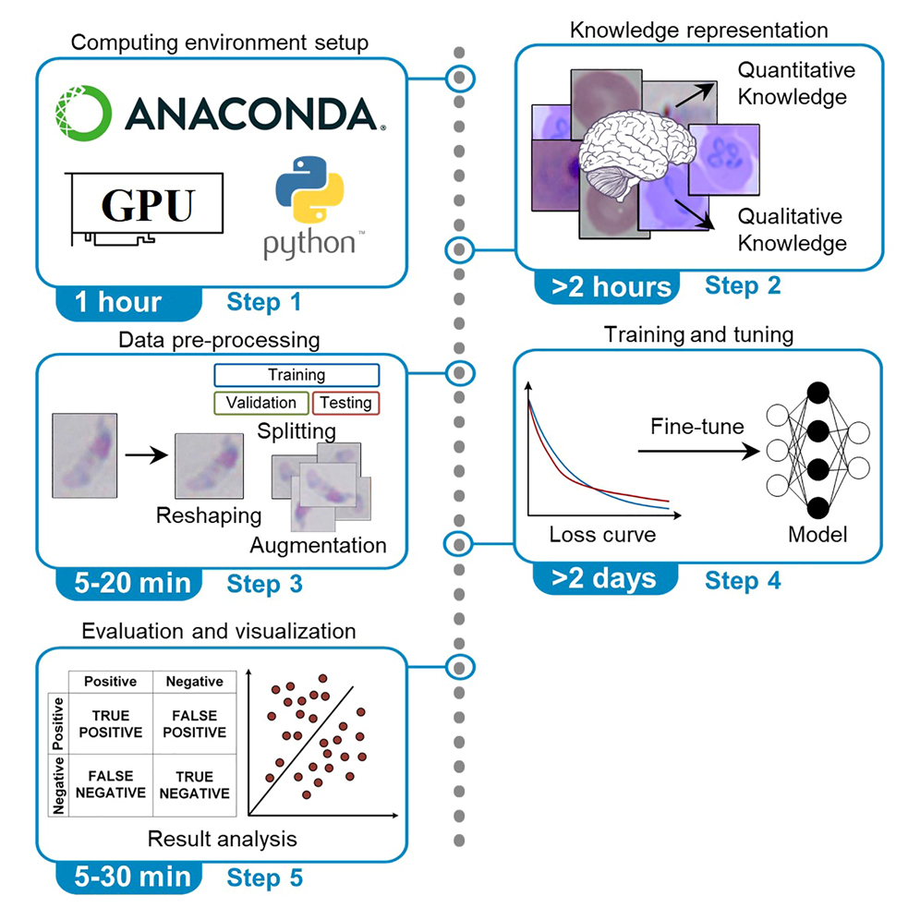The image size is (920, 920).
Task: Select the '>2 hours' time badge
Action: pyautogui.click(x=612, y=286)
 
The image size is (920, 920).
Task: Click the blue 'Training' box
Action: pyautogui.click(x=297, y=375)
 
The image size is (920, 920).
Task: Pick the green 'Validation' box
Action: pyautogui.click(x=261, y=403)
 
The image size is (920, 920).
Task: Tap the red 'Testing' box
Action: pyautogui.click(x=346, y=403)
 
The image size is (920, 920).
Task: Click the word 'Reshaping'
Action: pyautogui.click(x=209, y=514)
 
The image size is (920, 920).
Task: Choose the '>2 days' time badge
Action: pyautogui.click(x=604, y=579)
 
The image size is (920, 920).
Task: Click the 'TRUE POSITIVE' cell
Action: pyautogui.click(x=111, y=724)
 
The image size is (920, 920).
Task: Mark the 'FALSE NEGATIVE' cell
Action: pyautogui.click(x=111, y=784)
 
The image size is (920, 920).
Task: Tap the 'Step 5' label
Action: pyautogui.click(x=265, y=878)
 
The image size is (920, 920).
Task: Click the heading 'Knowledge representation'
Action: pyautogui.click(x=698, y=30)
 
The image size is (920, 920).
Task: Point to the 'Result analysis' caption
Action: pyautogui.click(x=222, y=839)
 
